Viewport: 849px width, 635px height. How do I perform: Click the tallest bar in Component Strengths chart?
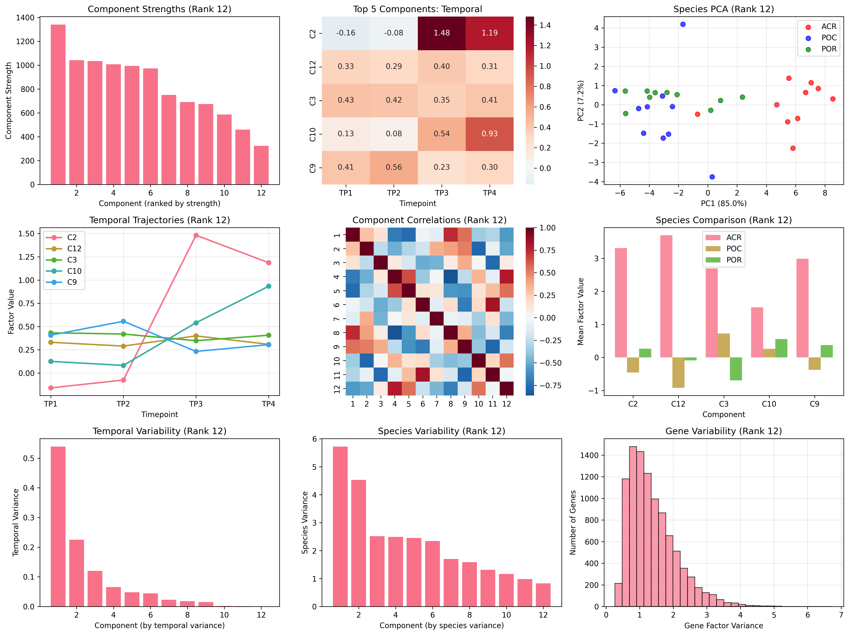(x=58, y=104)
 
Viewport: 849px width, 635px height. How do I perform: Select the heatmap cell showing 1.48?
(x=442, y=33)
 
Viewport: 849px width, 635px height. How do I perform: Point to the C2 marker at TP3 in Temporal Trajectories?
(x=196, y=235)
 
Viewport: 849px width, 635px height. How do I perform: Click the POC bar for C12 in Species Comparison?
(x=678, y=372)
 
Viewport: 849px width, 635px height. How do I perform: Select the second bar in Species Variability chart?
(x=359, y=543)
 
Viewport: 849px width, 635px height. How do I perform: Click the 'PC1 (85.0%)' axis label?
(x=723, y=204)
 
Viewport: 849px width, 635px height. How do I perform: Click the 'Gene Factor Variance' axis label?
(x=723, y=626)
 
